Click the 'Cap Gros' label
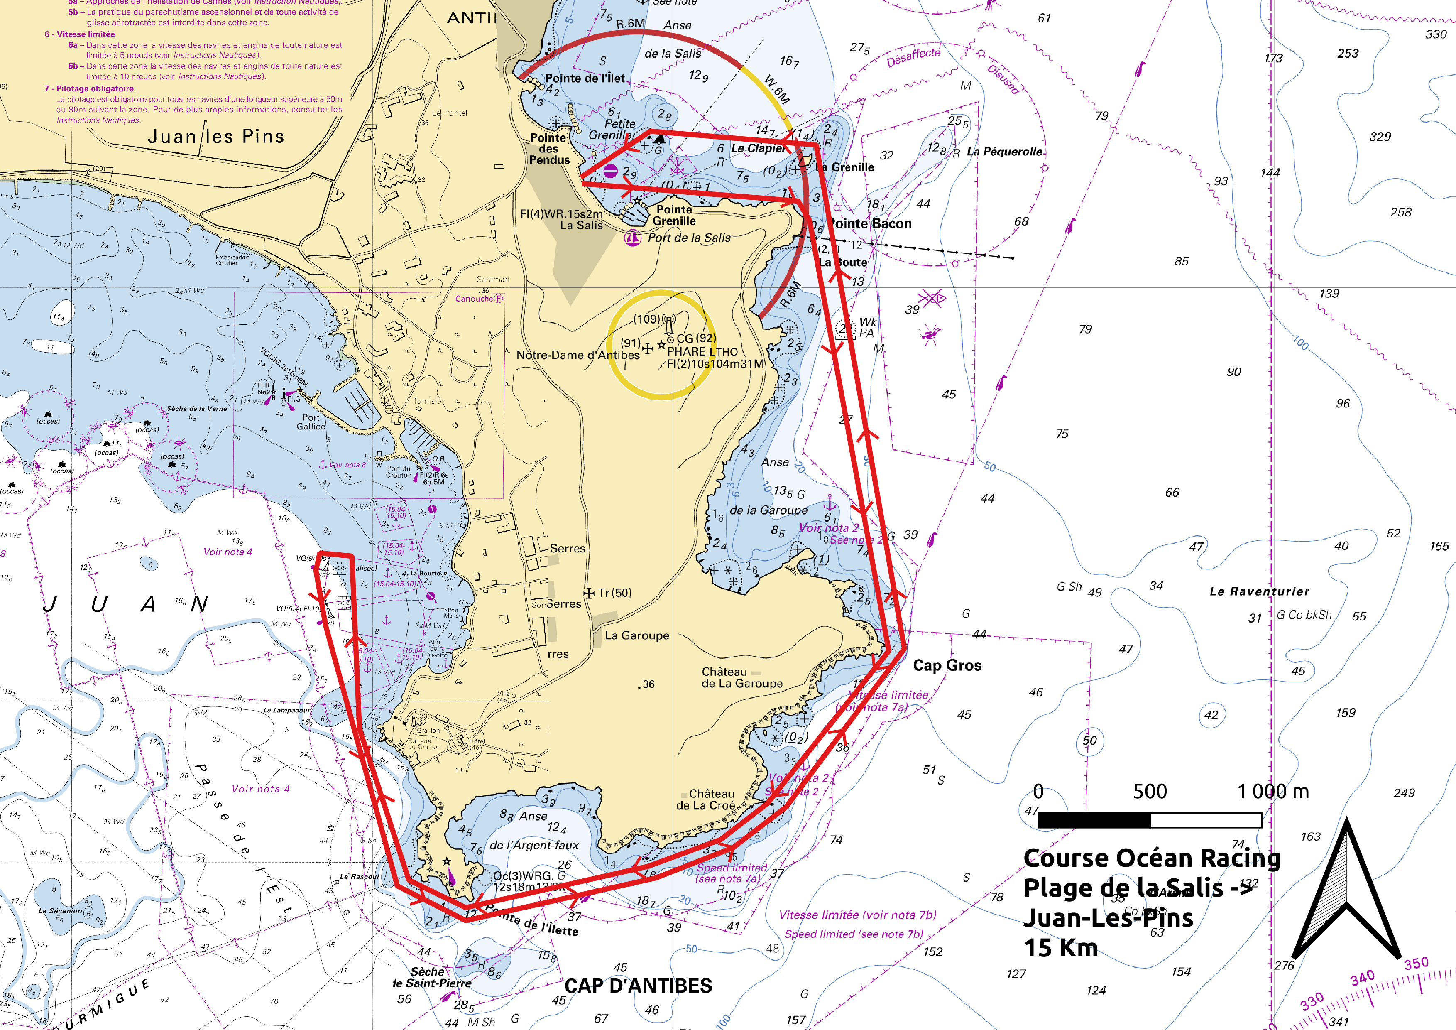point(947,665)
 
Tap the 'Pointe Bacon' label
point(870,223)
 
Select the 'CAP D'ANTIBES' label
point(638,986)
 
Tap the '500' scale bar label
point(1150,792)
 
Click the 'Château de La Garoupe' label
point(742,677)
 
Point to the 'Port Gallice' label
point(311,422)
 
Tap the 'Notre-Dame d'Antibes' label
point(578,355)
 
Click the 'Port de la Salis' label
point(689,238)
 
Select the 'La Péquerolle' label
point(1004,152)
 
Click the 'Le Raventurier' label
point(1259,591)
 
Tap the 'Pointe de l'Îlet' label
point(585,78)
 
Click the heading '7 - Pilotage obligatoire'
point(89,89)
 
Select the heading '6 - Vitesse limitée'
point(80,34)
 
